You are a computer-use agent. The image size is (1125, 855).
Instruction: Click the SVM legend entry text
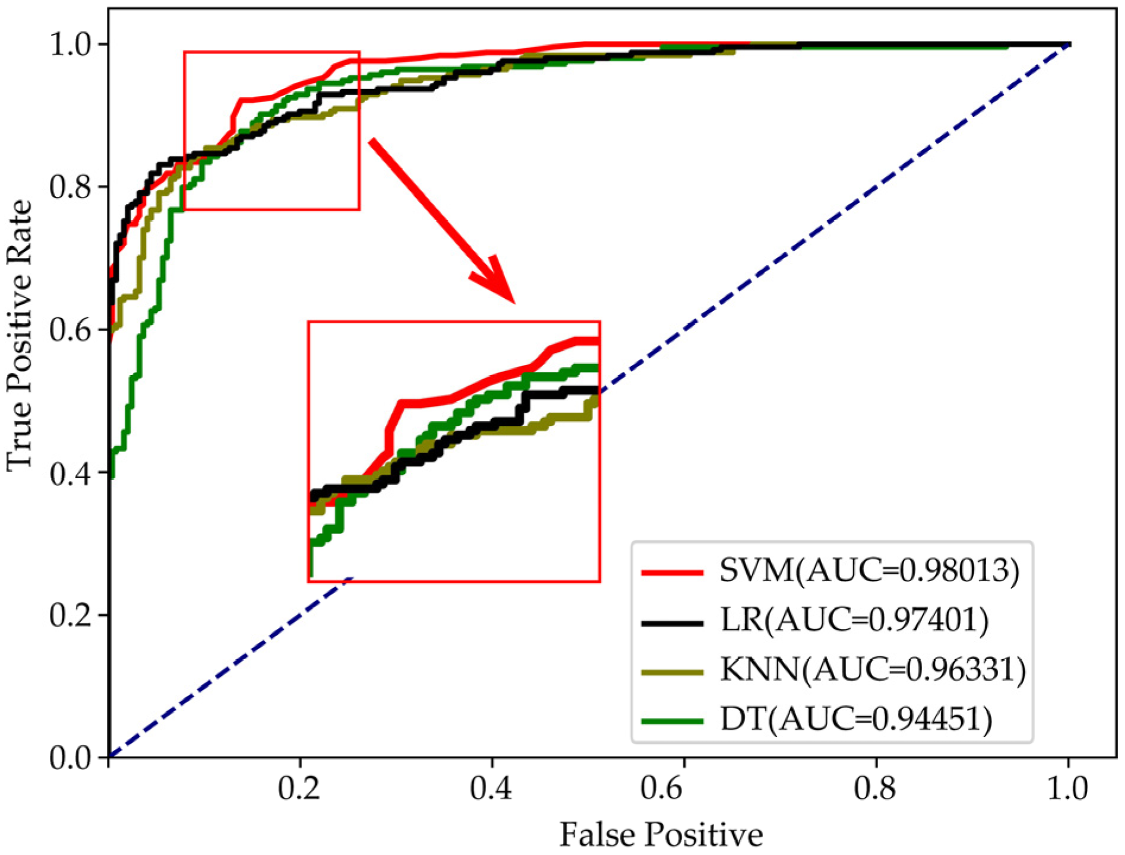tap(869, 571)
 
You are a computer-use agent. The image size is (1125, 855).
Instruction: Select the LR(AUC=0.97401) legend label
tap(854, 621)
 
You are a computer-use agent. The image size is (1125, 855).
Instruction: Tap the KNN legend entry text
tap(873, 670)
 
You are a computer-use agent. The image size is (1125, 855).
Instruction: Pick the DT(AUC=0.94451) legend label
tap(855, 720)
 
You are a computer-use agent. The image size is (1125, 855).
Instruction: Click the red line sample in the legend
tap(672, 573)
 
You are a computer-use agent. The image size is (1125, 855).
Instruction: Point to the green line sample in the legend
tap(672, 721)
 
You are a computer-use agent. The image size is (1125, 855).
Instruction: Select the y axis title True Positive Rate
tap(19, 335)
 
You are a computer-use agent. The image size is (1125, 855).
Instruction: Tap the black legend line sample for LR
tap(672, 623)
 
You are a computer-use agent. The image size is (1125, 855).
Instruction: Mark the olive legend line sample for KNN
tap(672, 672)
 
